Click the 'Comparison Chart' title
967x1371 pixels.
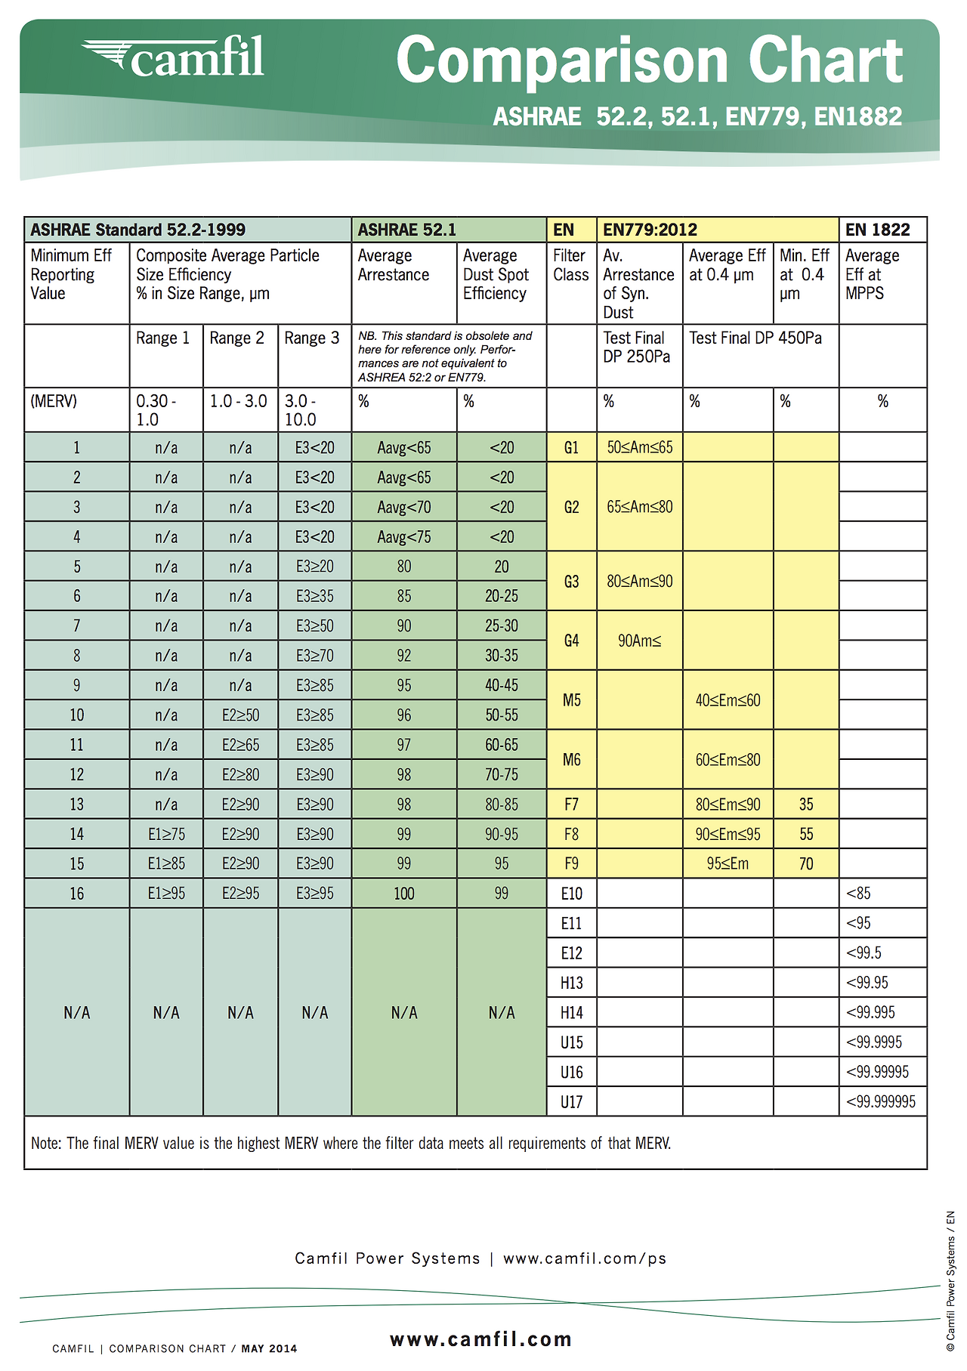tap(649, 60)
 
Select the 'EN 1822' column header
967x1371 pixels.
tap(877, 230)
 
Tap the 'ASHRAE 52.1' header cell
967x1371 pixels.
tap(407, 230)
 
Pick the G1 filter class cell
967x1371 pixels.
tap(571, 448)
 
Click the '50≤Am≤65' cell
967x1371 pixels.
tap(640, 447)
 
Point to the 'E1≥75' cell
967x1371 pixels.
tap(166, 834)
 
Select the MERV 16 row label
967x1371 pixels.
tap(76, 894)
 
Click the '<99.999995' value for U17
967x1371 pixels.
tap(881, 1101)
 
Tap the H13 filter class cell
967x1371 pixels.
tap(571, 983)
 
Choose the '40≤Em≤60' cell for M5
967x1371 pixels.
tap(728, 700)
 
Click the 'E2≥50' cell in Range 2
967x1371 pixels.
tap(240, 715)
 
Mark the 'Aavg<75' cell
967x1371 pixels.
tap(404, 537)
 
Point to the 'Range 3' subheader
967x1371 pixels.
tap(312, 338)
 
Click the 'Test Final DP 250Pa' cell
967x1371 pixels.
tap(637, 347)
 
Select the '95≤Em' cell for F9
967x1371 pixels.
tap(728, 863)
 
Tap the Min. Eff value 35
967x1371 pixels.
tap(806, 804)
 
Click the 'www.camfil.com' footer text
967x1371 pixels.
tap(480, 1340)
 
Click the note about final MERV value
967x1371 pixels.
tap(351, 1144)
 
